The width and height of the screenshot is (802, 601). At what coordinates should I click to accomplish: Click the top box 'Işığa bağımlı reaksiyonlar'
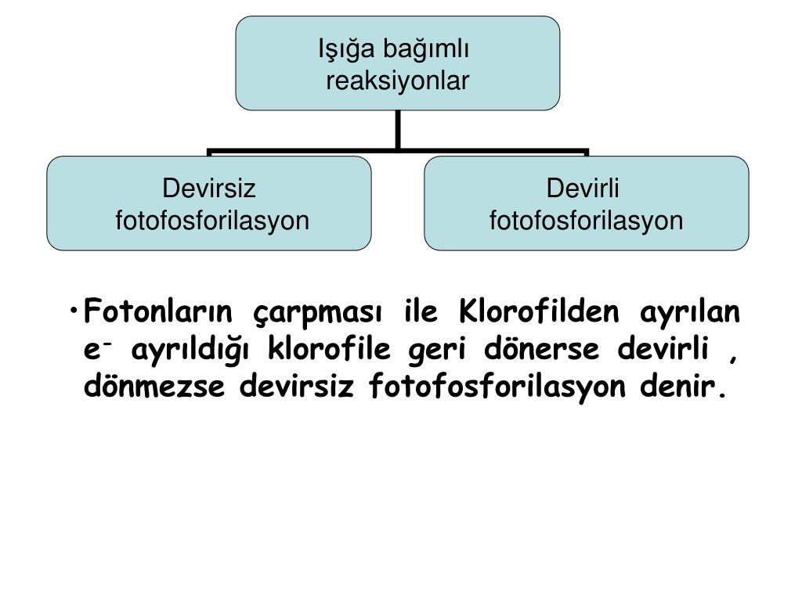(398, 63)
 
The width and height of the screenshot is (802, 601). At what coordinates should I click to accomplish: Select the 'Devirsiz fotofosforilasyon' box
(208, 203)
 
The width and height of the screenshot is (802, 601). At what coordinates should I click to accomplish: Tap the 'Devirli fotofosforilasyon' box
(586, 203)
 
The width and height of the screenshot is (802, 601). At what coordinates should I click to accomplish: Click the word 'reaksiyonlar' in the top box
(398, 81)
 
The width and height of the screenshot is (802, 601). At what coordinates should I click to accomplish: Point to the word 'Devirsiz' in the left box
(208, 189)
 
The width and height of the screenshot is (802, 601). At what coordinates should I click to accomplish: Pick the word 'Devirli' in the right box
(583, 189)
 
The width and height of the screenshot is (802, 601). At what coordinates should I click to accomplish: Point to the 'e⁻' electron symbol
(95, 350)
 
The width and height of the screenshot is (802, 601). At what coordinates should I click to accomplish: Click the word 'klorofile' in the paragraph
(333, 349)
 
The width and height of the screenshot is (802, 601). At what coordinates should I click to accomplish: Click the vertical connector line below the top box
(398, 129)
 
